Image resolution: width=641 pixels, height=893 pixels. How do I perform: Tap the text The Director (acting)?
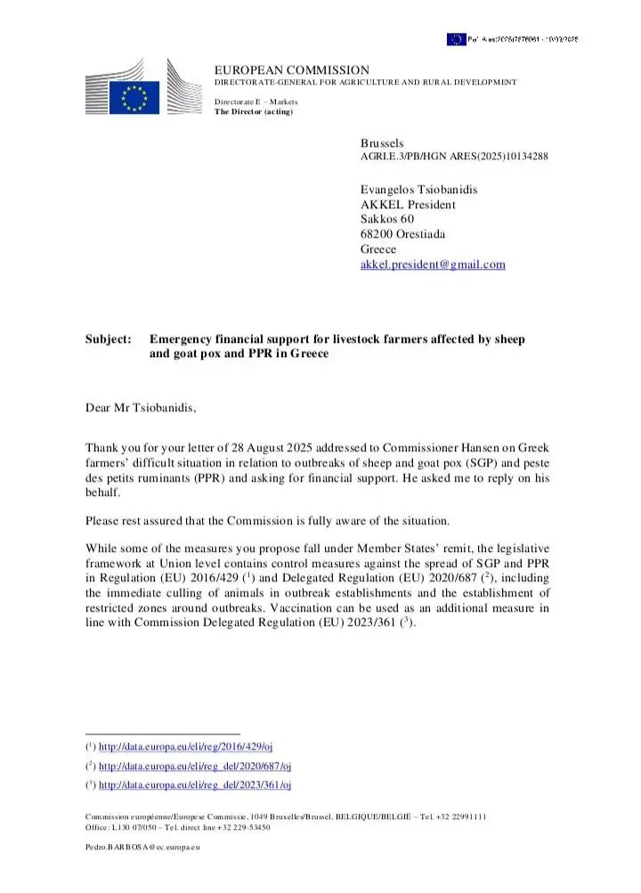click(254, 111)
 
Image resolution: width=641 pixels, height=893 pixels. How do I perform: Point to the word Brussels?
click(382, 143)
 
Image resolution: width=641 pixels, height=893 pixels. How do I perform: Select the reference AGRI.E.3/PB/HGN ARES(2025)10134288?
click(454, 157)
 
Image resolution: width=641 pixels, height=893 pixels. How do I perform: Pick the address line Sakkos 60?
click(387, 219)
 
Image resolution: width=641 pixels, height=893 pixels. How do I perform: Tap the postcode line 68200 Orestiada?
click(403, 234)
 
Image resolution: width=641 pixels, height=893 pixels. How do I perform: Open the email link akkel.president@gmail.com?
click(433, 264)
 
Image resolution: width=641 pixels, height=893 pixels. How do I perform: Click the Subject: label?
click(108, 339)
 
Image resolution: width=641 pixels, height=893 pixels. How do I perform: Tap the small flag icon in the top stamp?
click(456, 39)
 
